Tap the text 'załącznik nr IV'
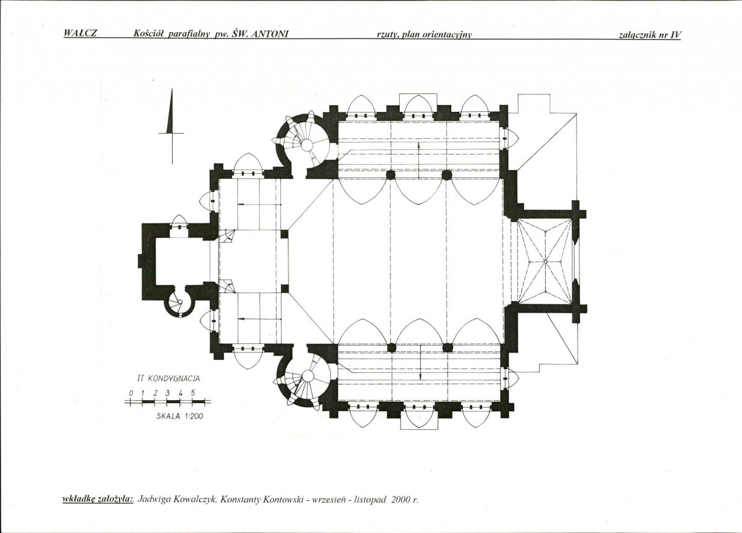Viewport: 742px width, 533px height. [650, 35]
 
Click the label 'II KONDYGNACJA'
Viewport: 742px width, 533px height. [168, 378]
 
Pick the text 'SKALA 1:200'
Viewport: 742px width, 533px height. [179, 417]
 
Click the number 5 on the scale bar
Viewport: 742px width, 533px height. [192, 393]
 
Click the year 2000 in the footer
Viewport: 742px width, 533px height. [399, 500]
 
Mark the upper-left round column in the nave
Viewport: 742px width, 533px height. [390, 175]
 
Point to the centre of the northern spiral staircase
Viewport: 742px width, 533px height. [308, 144]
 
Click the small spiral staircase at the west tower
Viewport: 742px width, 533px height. [179, 303]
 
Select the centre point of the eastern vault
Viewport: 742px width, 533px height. [545, 262]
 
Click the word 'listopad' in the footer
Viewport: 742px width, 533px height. [370, 500]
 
